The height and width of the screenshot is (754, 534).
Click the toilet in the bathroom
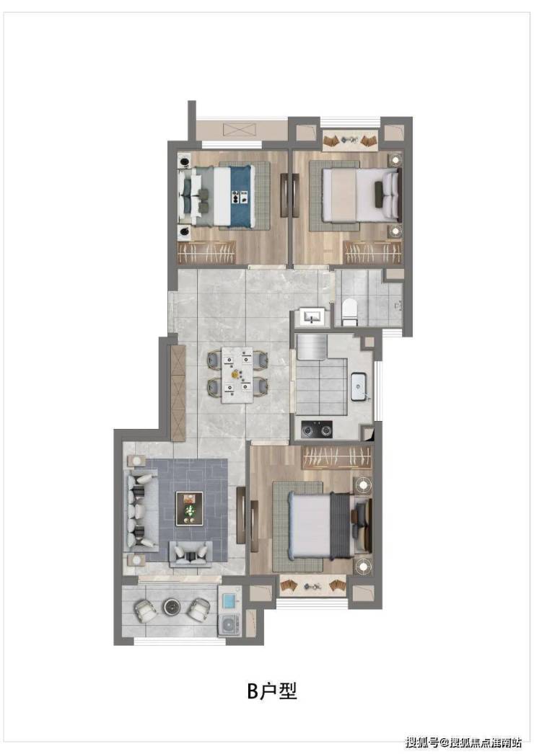[349, 311]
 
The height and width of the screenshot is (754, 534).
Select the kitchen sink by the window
[359, 386]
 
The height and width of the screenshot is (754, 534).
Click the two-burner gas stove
[317, 430]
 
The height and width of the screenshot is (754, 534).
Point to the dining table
[237, 374]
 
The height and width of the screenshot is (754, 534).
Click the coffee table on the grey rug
[189, 507]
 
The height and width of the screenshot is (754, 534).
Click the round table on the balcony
[171, 607]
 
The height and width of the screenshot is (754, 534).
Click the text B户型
[272, 691]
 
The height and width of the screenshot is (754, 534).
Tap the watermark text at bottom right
[464, 742]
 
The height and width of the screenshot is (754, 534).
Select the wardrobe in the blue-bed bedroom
[206, 252]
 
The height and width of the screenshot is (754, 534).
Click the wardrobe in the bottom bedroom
[337, 457]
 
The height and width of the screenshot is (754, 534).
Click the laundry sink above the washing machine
[229, 601]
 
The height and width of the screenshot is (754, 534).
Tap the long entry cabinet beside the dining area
[178, 393]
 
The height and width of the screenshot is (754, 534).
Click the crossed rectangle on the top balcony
[240, 129]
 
